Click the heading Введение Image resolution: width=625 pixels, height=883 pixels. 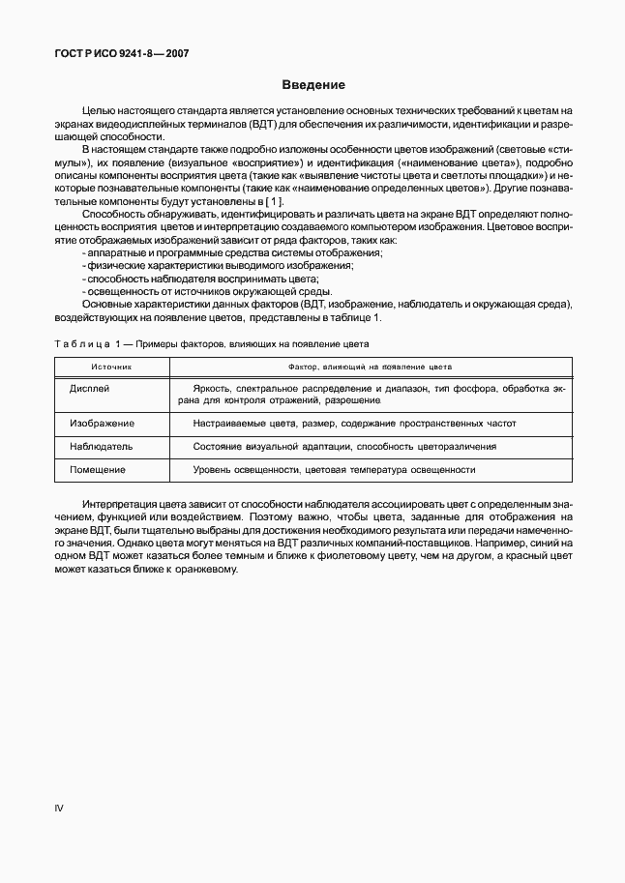coord(312,85)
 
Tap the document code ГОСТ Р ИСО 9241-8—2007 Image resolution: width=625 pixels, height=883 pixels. coord(121,54)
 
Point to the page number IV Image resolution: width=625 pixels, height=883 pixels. coord(58,808)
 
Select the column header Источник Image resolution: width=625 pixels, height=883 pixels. coord(111,368)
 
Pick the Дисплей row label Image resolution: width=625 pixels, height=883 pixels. coord(90,388)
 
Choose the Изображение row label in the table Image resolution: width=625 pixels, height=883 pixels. coord(102,424)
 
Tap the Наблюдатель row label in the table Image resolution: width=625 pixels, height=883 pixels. coord(101,447)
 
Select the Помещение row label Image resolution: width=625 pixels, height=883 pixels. coord(98,470)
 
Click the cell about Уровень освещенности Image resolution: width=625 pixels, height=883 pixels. coord(334,470)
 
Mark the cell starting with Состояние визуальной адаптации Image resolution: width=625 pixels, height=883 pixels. coord(344,447)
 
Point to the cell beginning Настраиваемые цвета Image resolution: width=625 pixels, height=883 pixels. coord(354,424)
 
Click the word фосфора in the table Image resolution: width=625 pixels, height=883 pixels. coord(490,388)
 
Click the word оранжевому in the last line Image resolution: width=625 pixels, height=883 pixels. coord(206,569)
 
